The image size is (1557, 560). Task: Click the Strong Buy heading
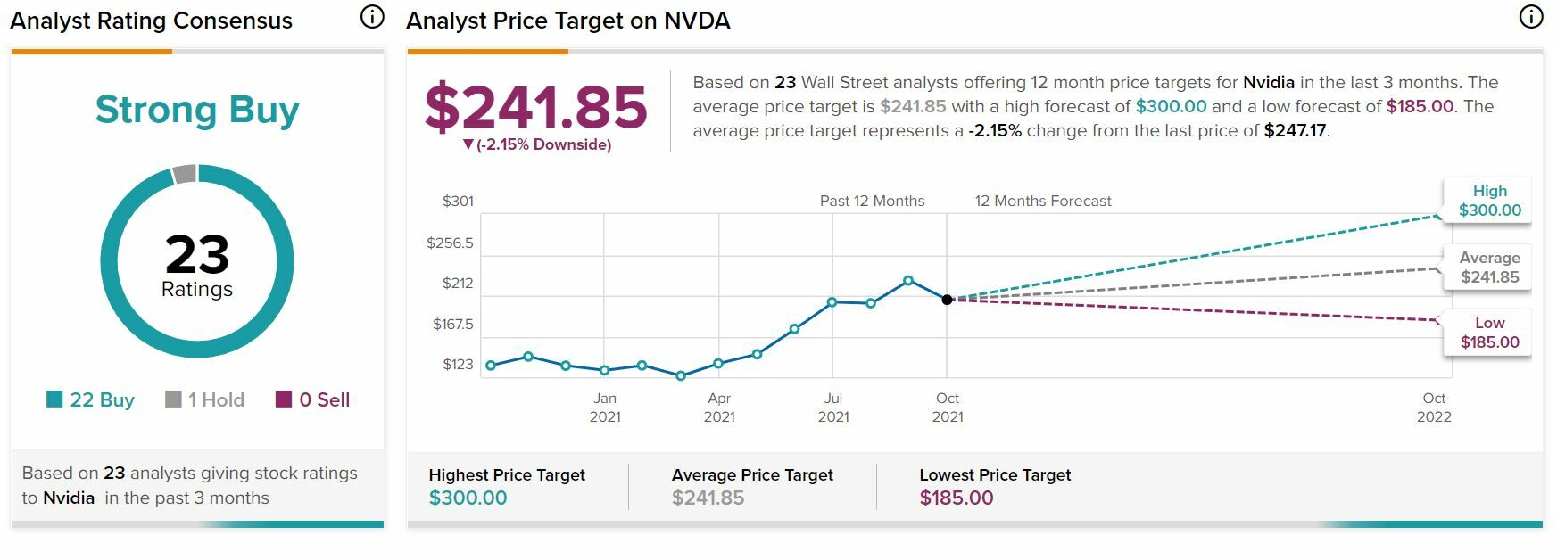[197, 110]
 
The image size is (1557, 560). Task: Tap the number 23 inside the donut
[197, 254]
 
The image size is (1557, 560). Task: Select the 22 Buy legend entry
[91, 399]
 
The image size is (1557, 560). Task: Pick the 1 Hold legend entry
[205, 399]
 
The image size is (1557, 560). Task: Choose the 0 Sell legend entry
[313, 399]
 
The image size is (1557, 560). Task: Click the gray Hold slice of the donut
[184, 174]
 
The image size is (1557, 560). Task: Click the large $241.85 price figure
[535, 108]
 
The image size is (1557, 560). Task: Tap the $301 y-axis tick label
[458, 202]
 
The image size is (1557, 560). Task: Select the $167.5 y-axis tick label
[453, 324]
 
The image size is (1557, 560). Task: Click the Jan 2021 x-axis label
[605, 408]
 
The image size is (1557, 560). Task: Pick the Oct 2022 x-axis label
[1434, 408]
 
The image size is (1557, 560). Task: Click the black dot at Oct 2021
[948, 300]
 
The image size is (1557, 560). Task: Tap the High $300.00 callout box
[1489, 201]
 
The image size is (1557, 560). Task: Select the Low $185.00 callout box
[1489, 333]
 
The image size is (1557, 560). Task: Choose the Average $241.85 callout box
[1489, 268]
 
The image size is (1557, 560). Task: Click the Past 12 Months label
[872, 202]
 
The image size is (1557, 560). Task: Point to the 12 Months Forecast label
[1043, 202]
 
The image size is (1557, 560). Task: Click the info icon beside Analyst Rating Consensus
[372, 17]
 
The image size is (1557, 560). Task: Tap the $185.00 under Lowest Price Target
[957, 498]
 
